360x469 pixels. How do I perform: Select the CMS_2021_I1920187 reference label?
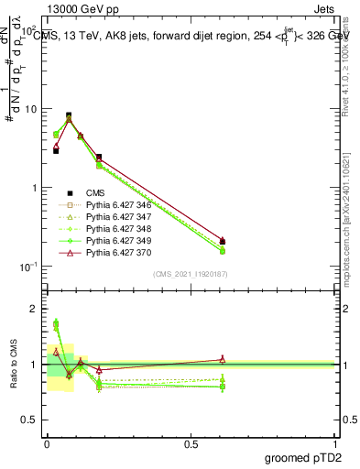pos(190,273)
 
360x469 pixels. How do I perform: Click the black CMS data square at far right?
pos(223,241)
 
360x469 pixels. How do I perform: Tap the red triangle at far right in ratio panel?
pos(223,359)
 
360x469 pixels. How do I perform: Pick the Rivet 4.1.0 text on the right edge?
pos(353,64)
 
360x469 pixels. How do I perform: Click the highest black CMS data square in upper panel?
pos(69,115)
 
